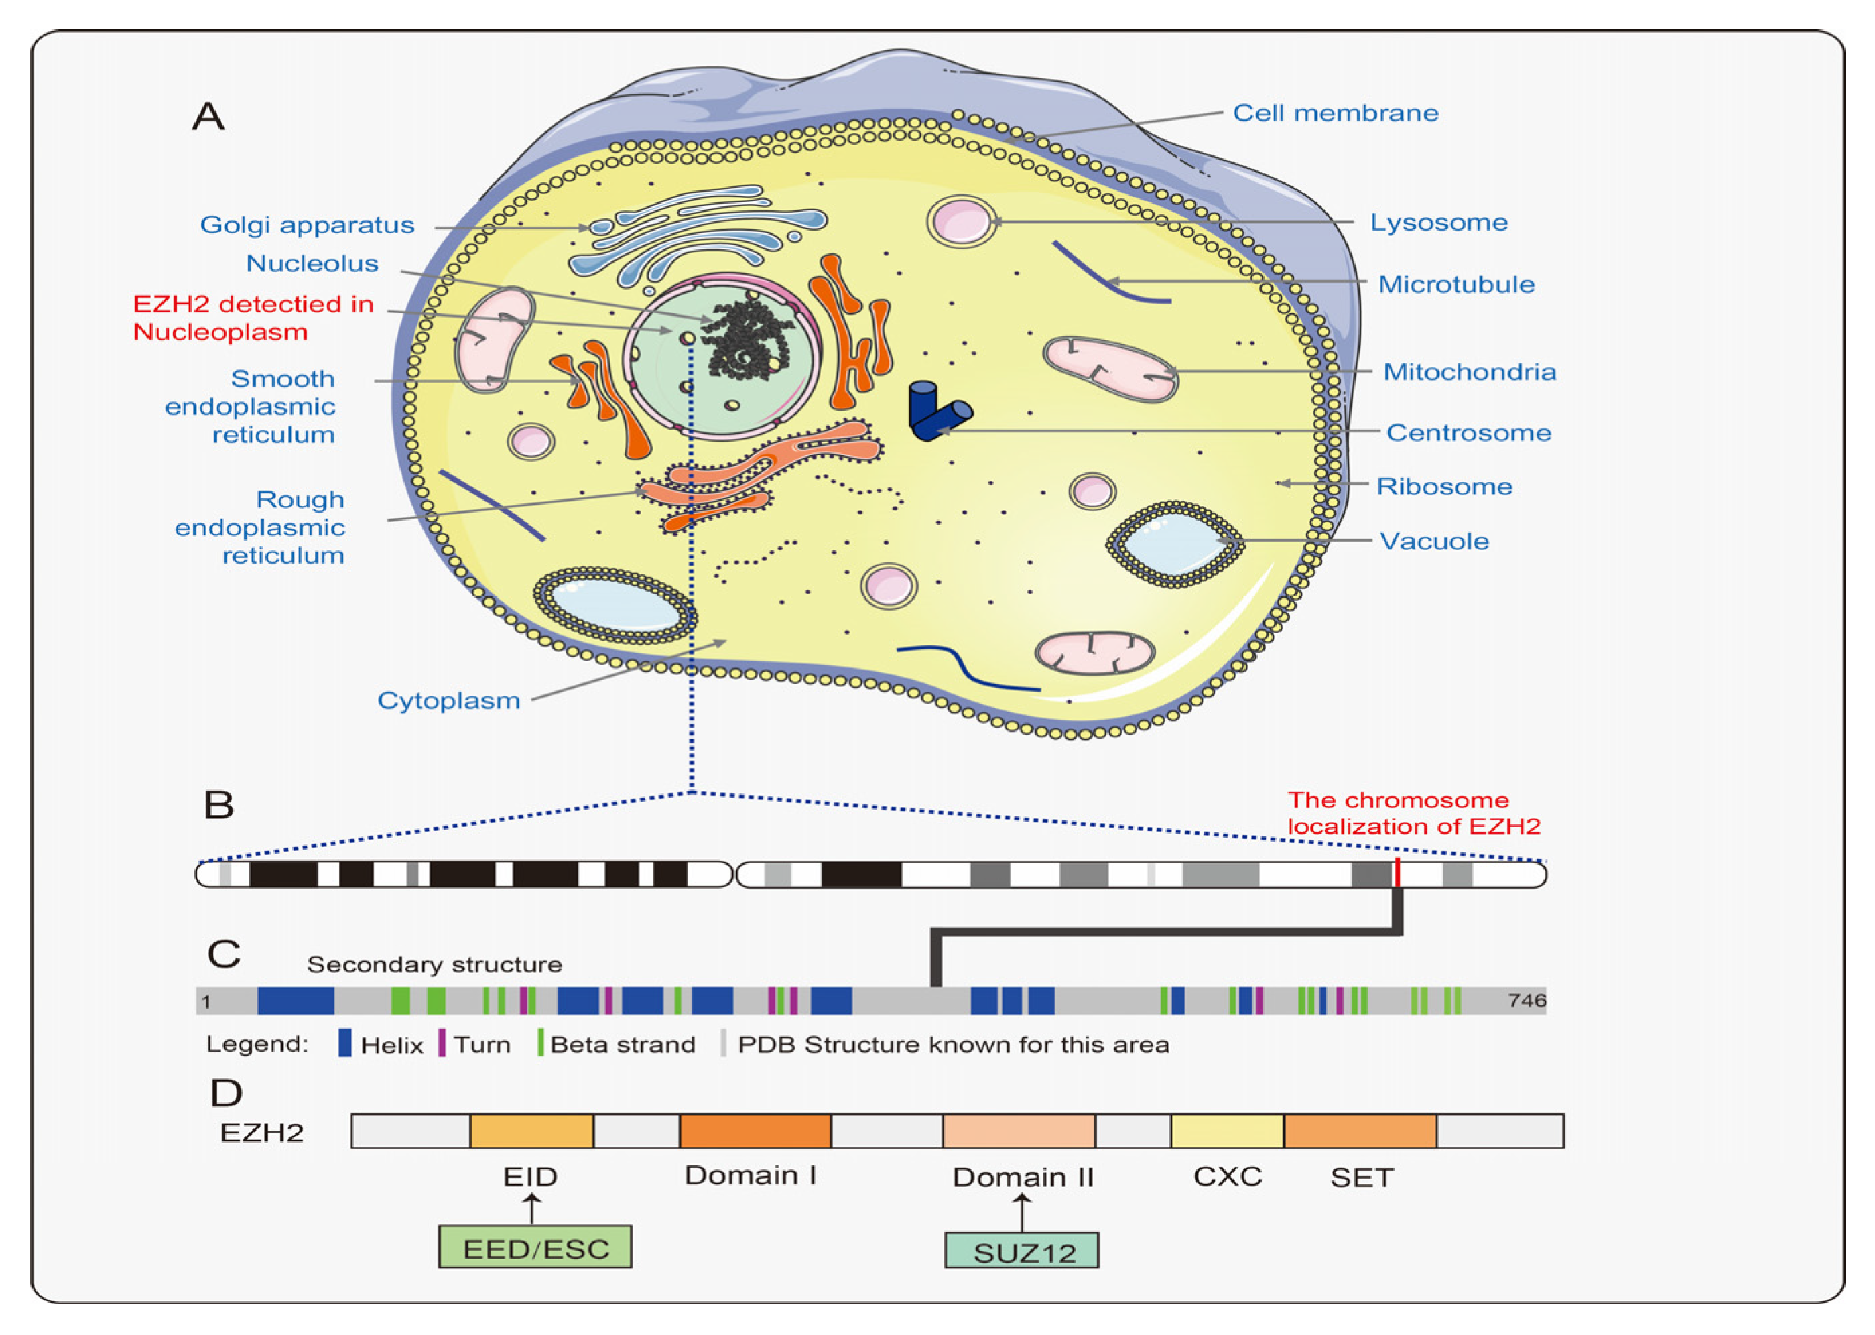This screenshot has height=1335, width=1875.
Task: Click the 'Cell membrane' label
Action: tap(1335, 113)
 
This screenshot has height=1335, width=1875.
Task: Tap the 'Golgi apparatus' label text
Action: tap(307, 225)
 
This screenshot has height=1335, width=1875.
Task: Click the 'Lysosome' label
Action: tap(1437, 222)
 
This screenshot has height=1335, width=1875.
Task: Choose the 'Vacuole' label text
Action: tap(1433, 541)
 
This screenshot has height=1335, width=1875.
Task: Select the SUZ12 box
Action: tap(1021, 1251)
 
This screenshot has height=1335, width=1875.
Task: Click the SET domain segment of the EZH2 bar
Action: tap(1360, 1131)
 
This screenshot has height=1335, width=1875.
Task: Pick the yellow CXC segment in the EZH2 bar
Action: tap(1226, 1131)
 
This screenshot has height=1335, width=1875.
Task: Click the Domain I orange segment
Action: tap(755, 1131)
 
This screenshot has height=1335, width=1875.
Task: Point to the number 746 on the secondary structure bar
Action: tap(1527, 1001)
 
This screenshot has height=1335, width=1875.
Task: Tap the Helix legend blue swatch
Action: tap(345, 1043)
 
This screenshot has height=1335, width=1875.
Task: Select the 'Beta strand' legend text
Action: tap(623, 1044)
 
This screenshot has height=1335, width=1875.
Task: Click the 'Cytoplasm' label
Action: tap(449, 700)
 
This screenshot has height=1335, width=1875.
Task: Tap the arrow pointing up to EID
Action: tap(532, 1208)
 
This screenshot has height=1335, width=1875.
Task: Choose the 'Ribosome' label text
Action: tap(1444, 486)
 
